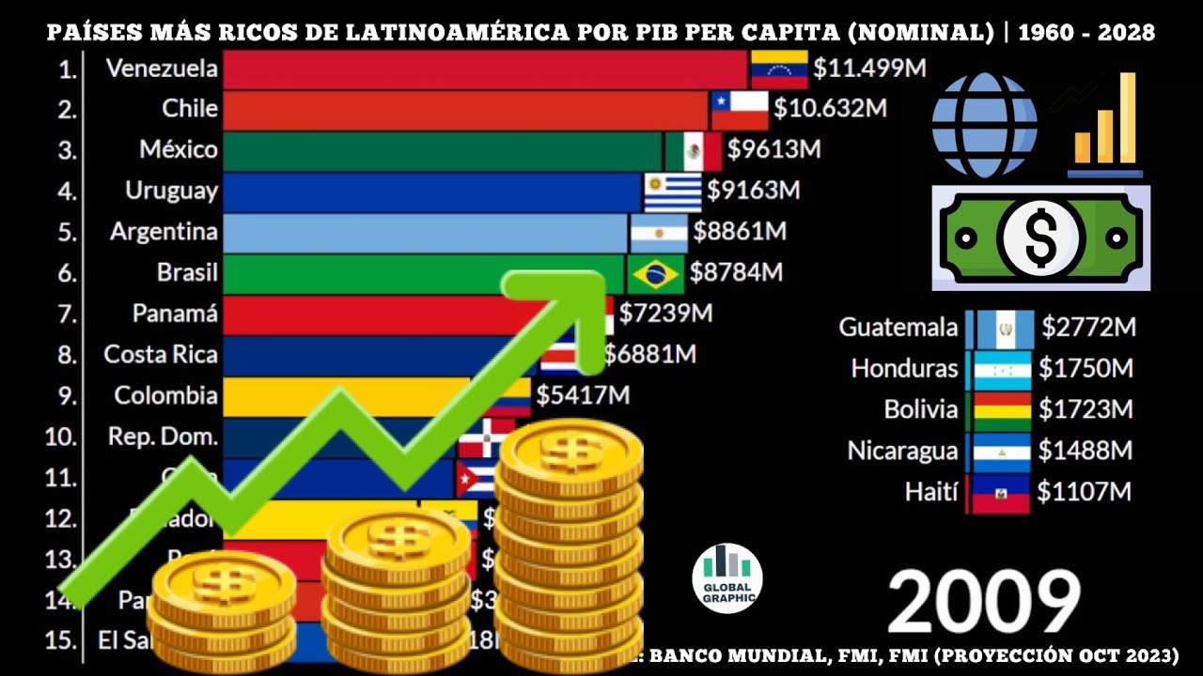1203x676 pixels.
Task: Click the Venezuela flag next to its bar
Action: tap(779, 69)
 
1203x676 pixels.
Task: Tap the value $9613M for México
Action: tap(774, 150)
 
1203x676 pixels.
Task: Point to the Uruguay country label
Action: tap(171, 191)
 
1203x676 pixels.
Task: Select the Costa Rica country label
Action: tap(161, 355)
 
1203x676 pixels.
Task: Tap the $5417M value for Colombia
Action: tap(583, 395)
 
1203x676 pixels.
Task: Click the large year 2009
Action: tap(983, 602)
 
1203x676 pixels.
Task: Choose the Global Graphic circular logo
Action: tap(726, 578)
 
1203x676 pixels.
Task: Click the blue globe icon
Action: tap(984, 125)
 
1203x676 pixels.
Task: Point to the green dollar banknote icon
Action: tap(1040, 237)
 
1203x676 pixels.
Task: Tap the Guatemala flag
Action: tap(1005, 329)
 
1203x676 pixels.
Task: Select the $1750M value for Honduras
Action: tap(1086, 369)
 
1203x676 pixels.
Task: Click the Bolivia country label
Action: tap(921, 410)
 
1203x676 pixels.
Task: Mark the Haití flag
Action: tap(1000, 493)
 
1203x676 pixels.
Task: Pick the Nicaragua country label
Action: tap(902, 451)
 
